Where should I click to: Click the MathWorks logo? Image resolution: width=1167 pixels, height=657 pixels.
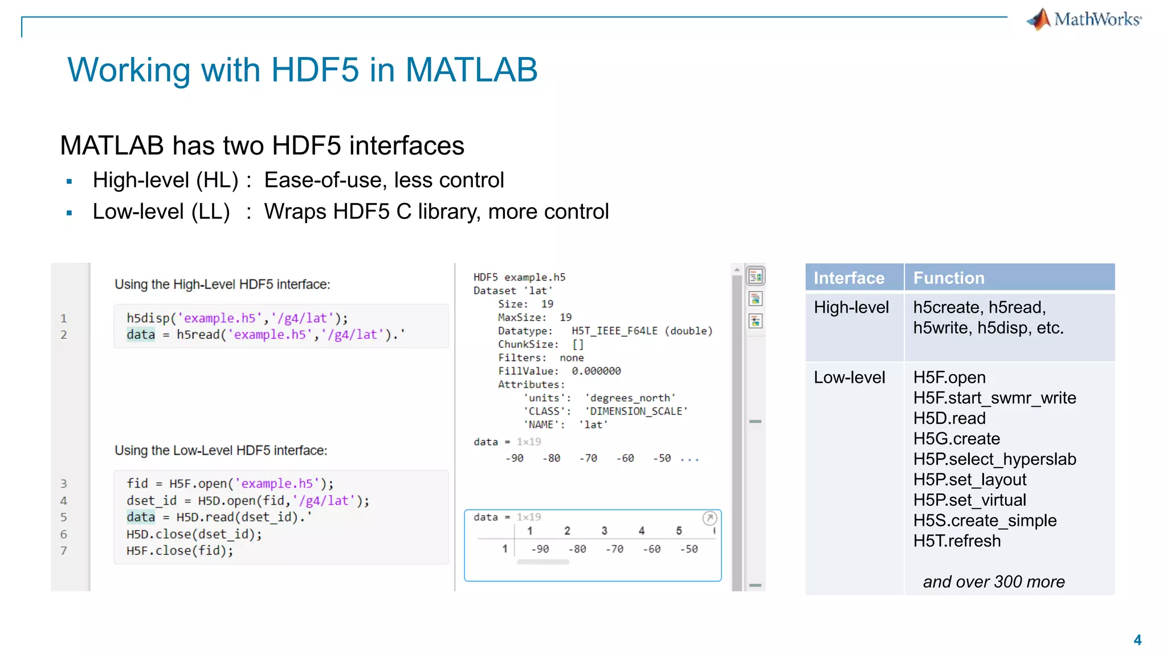point(1084,19)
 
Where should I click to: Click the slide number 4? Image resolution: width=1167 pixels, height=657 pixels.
point(1137,640)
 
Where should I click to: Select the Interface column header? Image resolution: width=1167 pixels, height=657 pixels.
point(849,278)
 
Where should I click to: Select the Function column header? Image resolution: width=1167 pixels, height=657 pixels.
point(949,278)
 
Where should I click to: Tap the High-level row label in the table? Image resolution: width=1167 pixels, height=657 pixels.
point(851,307)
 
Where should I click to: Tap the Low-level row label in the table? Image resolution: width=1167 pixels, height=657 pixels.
point(850,378)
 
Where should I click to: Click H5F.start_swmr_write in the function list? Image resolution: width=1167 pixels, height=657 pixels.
point(994,398)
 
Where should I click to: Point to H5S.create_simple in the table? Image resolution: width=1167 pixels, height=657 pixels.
point(985,521)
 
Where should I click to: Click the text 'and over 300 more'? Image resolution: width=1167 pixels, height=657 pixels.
point(994,582)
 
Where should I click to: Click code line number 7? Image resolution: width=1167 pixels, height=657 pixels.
point(64,551)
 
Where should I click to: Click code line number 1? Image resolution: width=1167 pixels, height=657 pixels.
point(64,318)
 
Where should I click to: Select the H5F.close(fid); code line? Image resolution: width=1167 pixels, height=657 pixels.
point(180,551)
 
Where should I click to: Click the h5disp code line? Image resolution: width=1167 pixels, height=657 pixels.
point(237,318)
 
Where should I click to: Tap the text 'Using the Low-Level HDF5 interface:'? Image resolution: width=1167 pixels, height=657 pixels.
point(221,451)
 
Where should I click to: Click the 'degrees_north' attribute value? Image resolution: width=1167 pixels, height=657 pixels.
point(630,398)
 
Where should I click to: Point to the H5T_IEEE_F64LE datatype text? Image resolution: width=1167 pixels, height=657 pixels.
point(614,331)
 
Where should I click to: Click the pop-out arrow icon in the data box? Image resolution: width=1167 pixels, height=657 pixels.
point(709,518)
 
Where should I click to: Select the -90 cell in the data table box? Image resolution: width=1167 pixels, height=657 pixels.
point(540,549)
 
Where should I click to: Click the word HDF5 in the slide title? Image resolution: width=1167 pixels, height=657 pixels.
point(315,70)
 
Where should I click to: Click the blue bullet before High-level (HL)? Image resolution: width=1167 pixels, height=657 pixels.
point(70,182)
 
